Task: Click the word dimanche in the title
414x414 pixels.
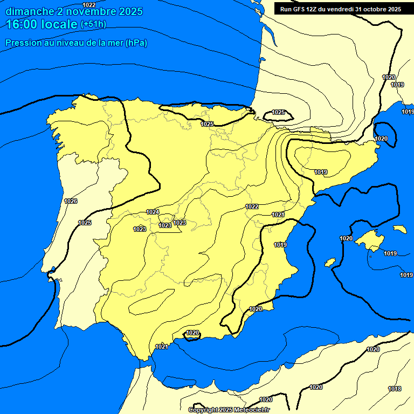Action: click(x=29, y=11)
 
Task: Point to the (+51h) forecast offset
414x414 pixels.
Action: click(x=93, y=24)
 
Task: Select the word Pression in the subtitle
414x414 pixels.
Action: click(x=23, y=43)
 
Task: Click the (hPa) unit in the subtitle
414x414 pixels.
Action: click(x=136, y=43)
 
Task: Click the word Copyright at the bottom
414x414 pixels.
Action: click(x=203, y=410)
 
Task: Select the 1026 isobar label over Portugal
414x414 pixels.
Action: click(x=71, y=201)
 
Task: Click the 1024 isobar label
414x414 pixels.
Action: click(x=153, y=212)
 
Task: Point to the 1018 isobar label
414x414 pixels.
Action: click(x=395, y=389)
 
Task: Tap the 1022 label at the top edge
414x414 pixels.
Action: click(x=89, y=5)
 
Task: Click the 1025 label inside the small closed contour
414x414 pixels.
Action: click(x=278, y=112)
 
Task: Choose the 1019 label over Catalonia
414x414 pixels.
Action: click(x=321, y=172)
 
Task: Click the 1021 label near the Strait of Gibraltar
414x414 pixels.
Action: click(x=162, y=347)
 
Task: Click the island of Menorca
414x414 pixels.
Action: click(x=399, y=229)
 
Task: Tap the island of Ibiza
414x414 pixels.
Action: click(x=330, y=262)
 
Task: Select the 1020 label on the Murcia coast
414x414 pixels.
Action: click(x=256, y=309)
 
